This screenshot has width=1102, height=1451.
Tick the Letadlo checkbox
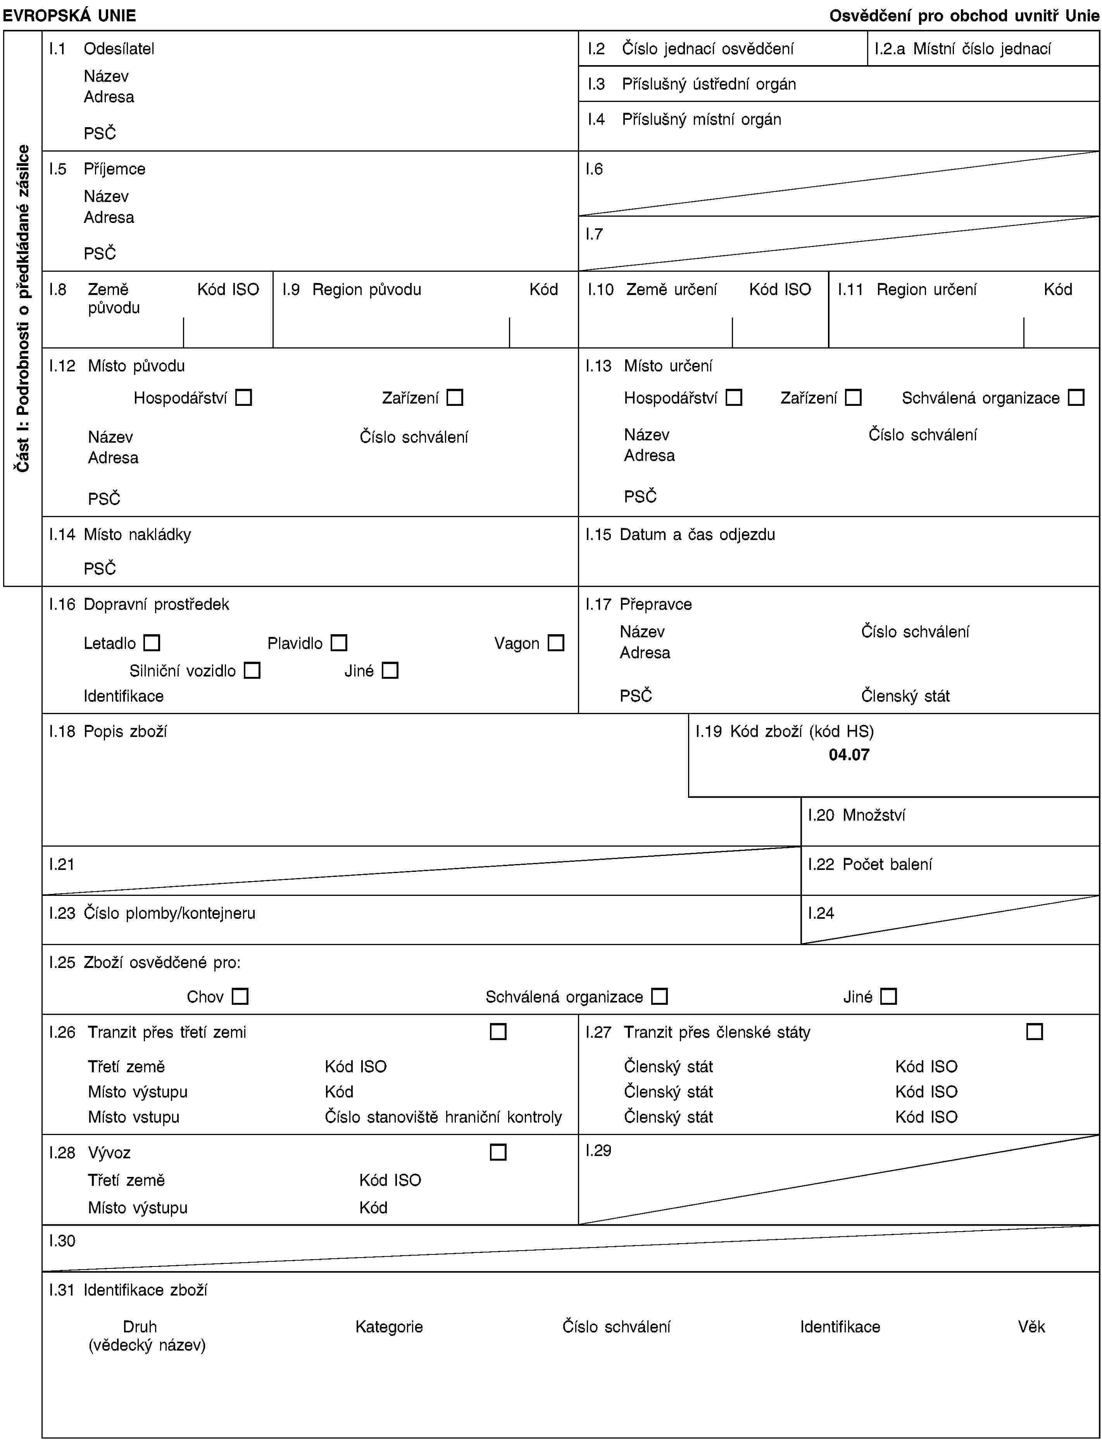(x=152, y=643)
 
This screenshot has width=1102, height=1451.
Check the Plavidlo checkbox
(x=338, y=643)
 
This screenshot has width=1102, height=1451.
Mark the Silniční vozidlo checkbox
(x=252, y=670)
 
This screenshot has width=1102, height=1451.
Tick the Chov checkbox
(x=240, y=996)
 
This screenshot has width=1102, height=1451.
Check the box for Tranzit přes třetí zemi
(x=498, y=1032)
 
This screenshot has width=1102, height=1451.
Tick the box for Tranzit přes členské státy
(x=1035, y=1032)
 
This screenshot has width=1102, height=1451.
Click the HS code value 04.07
(x=849, y=755)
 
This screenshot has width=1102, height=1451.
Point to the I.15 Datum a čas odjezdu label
(x=680, y=535)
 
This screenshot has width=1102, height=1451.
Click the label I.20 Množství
(x=856, y=815)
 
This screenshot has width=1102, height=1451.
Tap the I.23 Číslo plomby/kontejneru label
(x=152, y=913)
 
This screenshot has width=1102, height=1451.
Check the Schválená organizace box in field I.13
(x=1076, y=397)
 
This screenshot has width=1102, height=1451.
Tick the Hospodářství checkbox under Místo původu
(x=243, y=397)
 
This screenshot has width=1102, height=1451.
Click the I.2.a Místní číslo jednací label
(x=962, y=48)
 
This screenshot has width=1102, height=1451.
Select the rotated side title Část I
(x=23, y=308)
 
